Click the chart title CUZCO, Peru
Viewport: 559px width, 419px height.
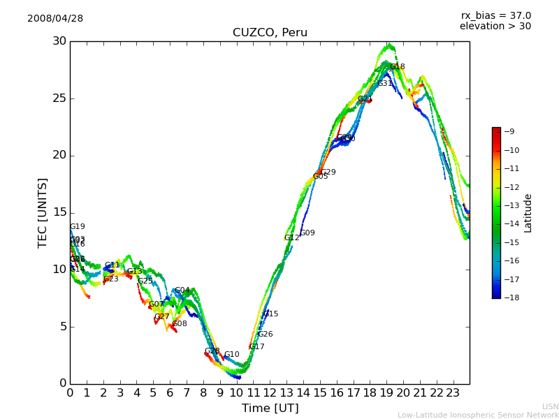coord(270,33)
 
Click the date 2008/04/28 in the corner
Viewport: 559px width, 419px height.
coord(55,19)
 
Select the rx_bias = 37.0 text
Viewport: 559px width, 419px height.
coord(495,16)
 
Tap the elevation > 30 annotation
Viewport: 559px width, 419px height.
coord(495,27)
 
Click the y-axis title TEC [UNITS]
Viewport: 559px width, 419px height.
coord(43,212)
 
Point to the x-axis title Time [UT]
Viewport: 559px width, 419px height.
coord(270,409)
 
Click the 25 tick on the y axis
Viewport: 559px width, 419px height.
coord(59,98)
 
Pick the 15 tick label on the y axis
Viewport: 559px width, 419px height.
coord(59,212)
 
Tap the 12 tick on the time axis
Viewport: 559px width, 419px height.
coord(270,393)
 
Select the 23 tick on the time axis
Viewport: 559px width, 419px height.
coord(453,393)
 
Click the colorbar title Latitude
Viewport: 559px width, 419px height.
coord(528,213)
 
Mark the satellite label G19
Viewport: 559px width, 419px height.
coord(78,227)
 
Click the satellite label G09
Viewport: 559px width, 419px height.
coord(307,233)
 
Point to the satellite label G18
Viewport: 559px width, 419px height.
coord(398,67)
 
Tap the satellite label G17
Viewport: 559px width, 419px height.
coord(257,347)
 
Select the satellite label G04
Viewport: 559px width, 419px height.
coord(182,291)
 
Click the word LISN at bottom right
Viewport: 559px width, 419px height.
coord(550,406)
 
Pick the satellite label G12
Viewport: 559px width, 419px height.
coord(291,238)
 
